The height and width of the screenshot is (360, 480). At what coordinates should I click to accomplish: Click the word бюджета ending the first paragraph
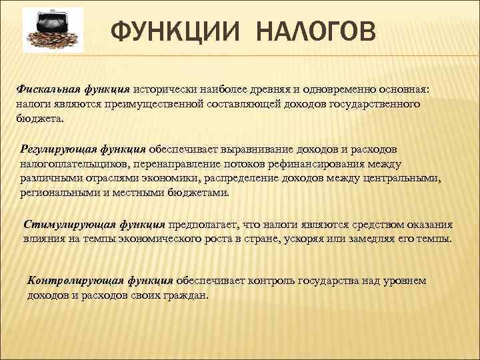tap(39, 119)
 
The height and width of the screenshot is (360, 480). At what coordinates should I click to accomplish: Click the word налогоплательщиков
tap(74, 163)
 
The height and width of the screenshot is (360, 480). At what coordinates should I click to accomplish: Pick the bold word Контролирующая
tap(66, 281)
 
